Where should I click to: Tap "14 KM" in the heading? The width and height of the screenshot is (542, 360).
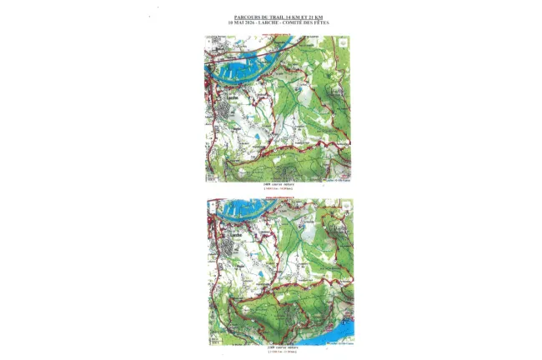point(289,17)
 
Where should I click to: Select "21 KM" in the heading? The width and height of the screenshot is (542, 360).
point(315,17)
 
